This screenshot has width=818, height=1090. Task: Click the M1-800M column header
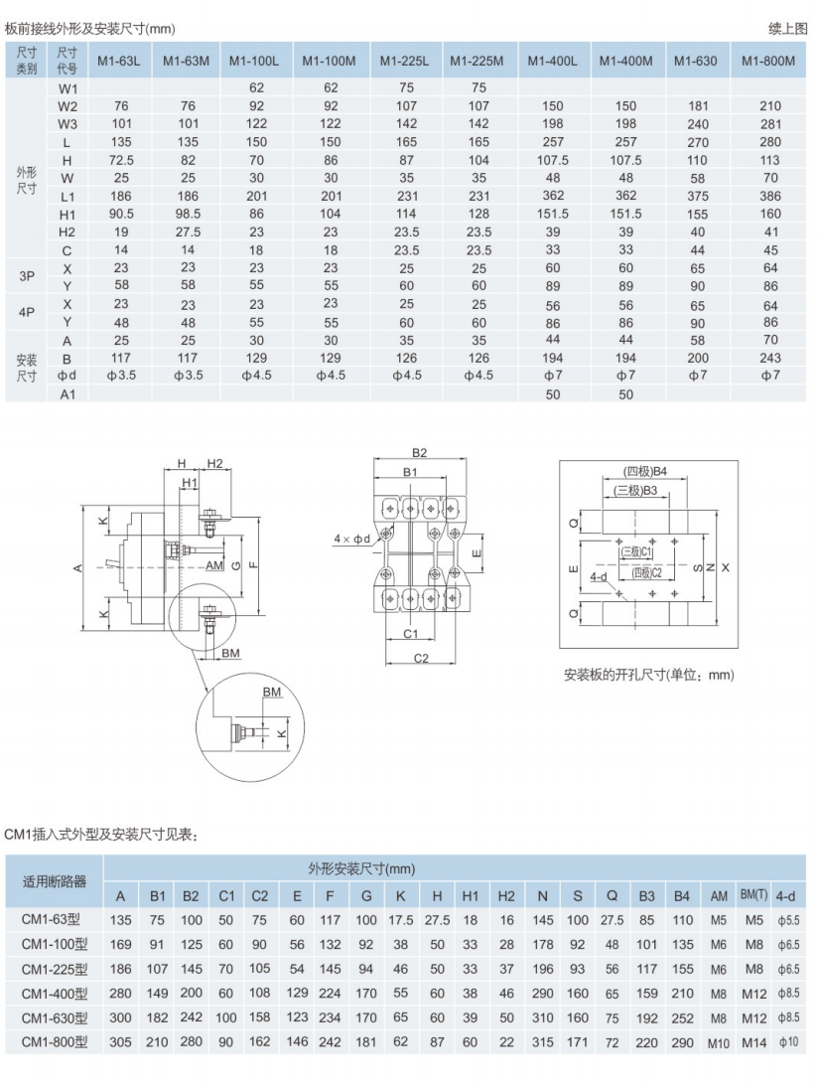(x=770, y=62)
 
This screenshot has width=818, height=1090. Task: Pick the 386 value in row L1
(x=770, y=196)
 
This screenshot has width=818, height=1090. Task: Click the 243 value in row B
(x=770, y=358)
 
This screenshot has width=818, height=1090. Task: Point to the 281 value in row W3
(x=770, y=124)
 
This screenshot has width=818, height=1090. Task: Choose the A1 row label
(x=68, y=394)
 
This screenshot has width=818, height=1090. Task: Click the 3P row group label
(x=27, y=277)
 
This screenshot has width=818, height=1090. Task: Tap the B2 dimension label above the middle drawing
(x=419, y=453)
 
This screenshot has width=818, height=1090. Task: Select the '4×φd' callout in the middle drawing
(x=351, y=539)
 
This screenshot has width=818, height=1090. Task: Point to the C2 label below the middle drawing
(x=421, y=658)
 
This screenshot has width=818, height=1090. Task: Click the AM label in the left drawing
(x=214, y=565)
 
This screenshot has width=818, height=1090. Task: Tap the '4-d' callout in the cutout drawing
(x=598, y=575)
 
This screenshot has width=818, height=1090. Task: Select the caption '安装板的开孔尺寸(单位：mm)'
(x=648, y=675)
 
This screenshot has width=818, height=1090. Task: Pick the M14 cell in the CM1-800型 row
(x=754, y=1043)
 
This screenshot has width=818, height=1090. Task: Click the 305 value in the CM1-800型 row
(x=120, y=1043)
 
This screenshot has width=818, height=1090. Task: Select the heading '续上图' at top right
(x=788, y=29)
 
